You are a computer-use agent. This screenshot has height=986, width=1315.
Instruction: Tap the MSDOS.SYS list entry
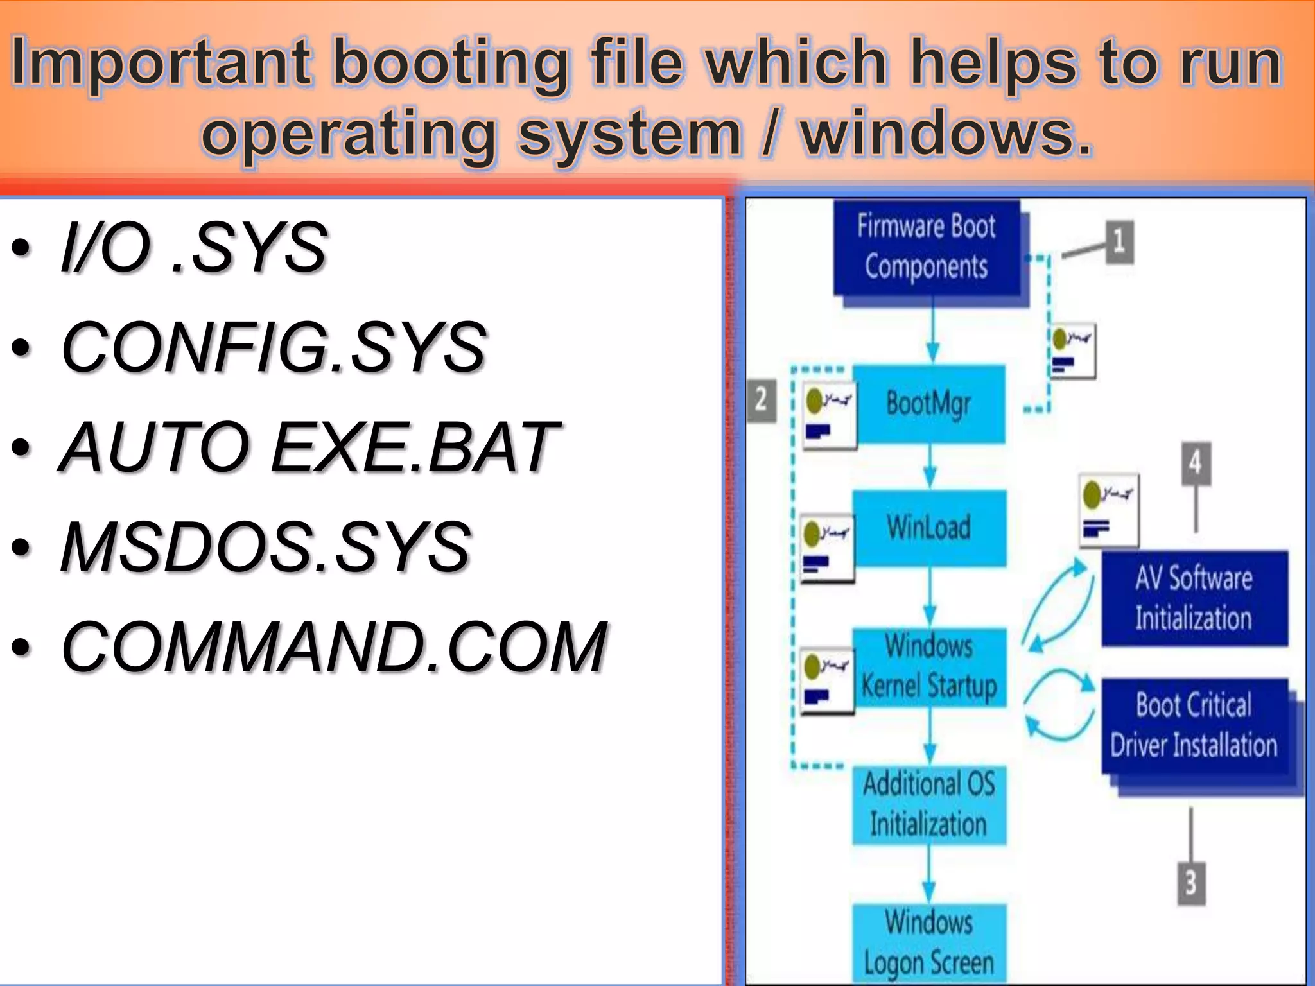[265, 547]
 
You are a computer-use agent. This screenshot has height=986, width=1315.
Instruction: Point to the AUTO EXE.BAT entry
[309, 447]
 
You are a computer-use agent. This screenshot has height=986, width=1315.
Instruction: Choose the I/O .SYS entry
[193, 248]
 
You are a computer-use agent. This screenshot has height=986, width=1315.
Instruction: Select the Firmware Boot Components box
[926, 247]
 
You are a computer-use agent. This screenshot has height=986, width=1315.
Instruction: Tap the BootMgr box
[928, 404]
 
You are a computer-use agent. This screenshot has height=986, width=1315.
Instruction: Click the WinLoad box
[928, 528]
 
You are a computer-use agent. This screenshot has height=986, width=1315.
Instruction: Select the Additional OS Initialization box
[928, 804]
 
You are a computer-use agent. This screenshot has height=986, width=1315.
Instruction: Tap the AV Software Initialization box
[1194, 598]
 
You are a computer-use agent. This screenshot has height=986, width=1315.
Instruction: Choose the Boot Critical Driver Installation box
[1194, 725]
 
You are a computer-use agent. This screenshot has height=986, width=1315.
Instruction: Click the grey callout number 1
[1119, 242]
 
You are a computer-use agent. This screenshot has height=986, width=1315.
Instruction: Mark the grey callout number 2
[762, 400]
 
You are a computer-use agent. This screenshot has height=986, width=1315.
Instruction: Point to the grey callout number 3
[1190, 883]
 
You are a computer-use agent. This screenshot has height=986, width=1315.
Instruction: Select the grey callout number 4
[1196, 463]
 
